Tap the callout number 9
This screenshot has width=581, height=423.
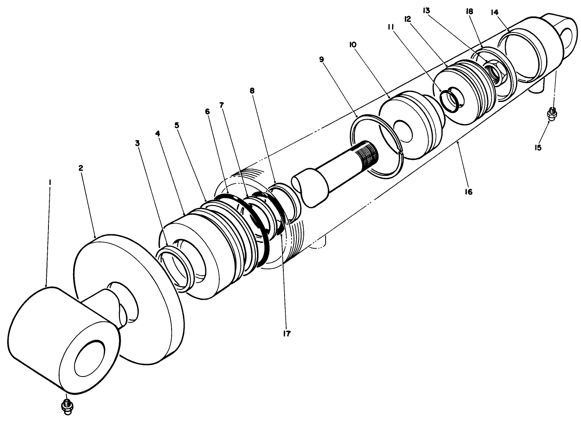322,60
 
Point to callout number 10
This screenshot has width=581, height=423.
352,44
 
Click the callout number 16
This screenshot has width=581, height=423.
468,192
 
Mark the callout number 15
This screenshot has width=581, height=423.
538,147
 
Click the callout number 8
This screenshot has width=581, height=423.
252,90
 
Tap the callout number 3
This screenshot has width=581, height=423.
138,143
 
